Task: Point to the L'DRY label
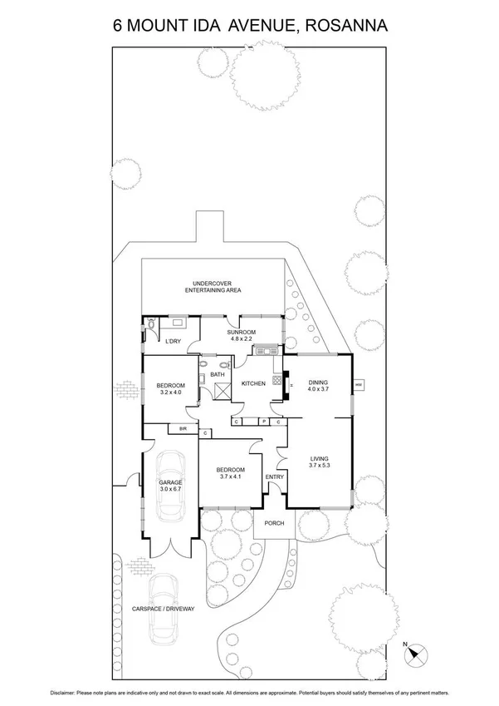click(x=173, y=342)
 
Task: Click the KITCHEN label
click(x=253, y=383)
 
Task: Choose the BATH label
click(x=217, y=375)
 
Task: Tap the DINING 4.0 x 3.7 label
click(x=319, y=386)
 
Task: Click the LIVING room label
click(x=319, y=462)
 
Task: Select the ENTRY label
click(x=274, y=476)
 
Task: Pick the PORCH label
click(x=274, y=523)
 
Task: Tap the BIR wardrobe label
click(x=182, y=429)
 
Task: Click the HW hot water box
click(x=359, y=385)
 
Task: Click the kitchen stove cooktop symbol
click(x=277, y=380)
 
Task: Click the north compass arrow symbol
click(x=417, y=653)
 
